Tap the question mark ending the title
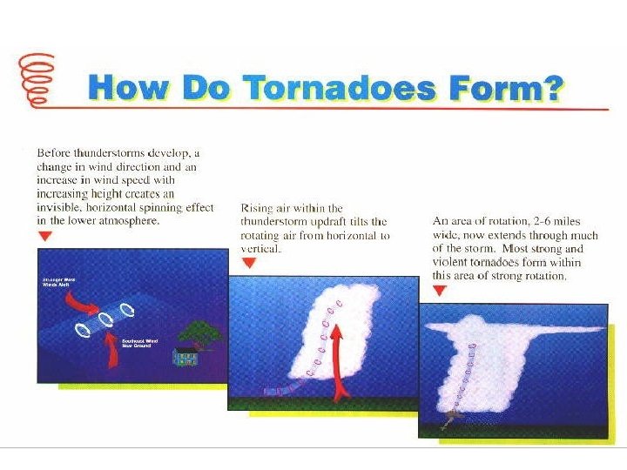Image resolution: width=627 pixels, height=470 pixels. pos(551,90)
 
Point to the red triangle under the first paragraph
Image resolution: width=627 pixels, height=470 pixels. pos(45,236)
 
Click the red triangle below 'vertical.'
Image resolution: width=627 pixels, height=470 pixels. pos(248,263)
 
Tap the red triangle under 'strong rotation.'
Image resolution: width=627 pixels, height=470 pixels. pos(440,291)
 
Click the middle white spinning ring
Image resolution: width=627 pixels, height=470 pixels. pos(107,319)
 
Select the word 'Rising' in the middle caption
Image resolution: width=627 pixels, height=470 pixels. pos(258,209)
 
